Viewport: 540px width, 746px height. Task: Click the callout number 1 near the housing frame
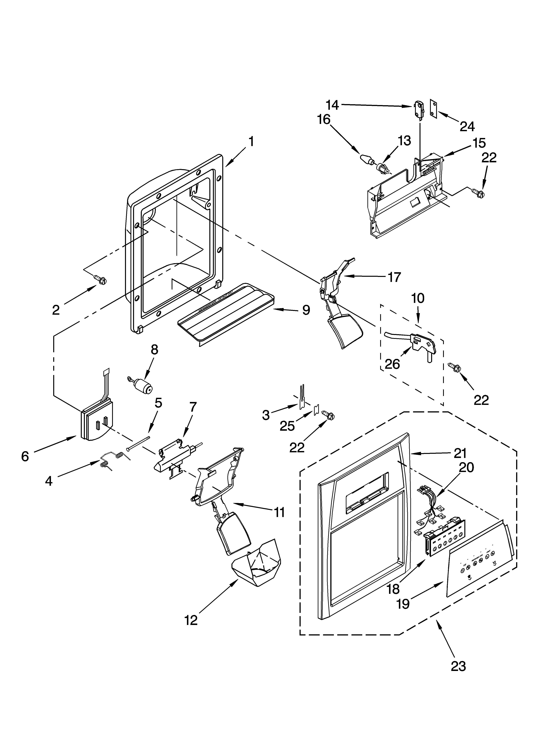pos(251,142)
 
